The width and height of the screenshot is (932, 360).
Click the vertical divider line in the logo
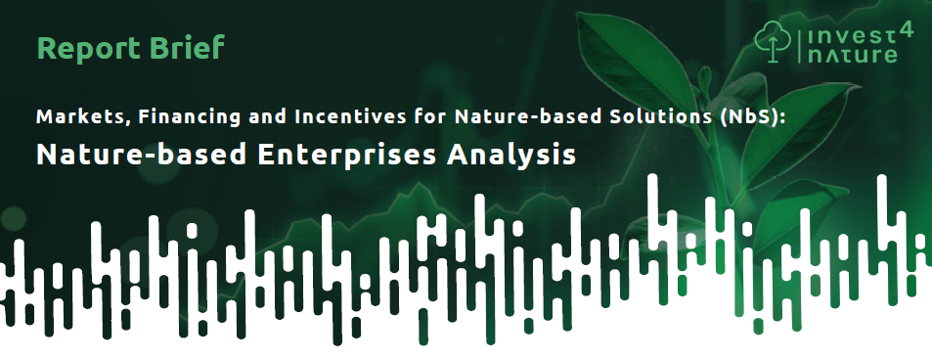[800, 43]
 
